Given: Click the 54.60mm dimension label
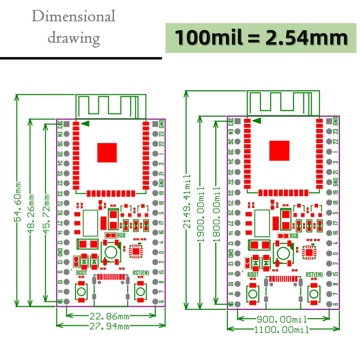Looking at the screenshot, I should [x=18, y=202].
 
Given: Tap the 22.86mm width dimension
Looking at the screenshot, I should [x=109, y=316].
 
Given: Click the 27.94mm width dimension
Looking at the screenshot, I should [x=109, y=326].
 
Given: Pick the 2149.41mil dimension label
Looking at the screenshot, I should [x=187, y=201].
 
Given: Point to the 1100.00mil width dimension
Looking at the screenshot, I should [x=282, y=329].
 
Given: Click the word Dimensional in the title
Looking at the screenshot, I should [x=73, y=16].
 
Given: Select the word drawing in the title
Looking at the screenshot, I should [x=73, y=38].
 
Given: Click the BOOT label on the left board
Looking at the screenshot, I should [x=81, y=273].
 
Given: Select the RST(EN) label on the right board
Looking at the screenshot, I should [x=314, y=274].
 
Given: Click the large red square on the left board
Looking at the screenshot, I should [x=107, y=153].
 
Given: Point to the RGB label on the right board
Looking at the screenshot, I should [x=294, y=236].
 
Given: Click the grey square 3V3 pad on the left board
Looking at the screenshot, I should [x=67, y=124].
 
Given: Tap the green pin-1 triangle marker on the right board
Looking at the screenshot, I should [x=257, y=121].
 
